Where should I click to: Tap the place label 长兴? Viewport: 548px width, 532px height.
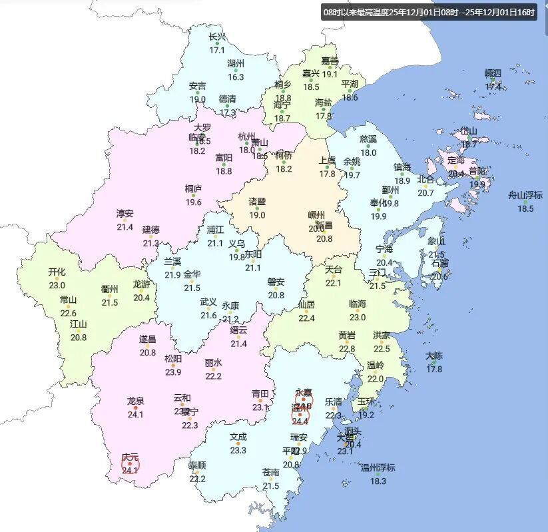217,37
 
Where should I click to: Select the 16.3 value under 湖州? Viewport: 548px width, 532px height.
236,77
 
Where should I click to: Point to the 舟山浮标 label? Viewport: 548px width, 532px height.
526,195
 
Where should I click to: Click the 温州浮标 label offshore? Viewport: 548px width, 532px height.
378,467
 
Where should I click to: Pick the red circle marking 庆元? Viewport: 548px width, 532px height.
130,463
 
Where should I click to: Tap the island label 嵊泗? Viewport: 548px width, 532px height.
493,73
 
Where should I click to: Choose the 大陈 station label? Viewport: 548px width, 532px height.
434,356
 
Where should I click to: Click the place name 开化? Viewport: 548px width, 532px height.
57,272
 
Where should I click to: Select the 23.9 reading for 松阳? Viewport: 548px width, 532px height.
173,372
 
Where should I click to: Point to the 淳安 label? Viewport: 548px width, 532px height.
125,214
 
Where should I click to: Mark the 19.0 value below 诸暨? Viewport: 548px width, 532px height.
257,215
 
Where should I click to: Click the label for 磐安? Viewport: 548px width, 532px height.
276,282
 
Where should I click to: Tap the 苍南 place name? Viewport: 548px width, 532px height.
270,472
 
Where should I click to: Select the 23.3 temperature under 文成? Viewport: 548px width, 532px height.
238,450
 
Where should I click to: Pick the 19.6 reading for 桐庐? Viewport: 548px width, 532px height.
194,202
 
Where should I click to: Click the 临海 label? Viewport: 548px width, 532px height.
358,304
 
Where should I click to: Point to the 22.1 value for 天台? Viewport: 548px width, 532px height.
333,283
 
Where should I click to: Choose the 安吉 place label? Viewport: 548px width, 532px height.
197,86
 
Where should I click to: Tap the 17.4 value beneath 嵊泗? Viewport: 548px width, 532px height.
493,87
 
